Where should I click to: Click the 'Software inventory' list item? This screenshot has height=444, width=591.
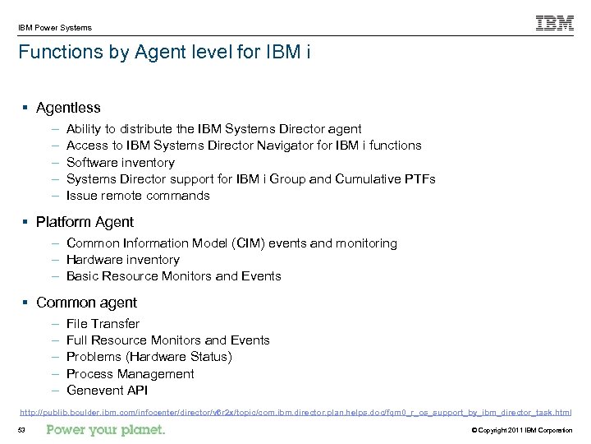120,162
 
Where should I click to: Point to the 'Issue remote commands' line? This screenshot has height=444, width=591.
137,196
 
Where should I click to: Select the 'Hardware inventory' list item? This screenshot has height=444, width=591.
122,260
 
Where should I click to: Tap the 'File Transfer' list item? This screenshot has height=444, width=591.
103,324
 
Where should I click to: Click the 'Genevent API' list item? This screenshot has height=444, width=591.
106,391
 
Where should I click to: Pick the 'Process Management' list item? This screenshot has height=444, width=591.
130,374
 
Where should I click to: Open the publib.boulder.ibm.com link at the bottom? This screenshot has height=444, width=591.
295,411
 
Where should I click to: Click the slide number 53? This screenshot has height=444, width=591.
23,431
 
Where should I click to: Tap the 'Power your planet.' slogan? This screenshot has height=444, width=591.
106,430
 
